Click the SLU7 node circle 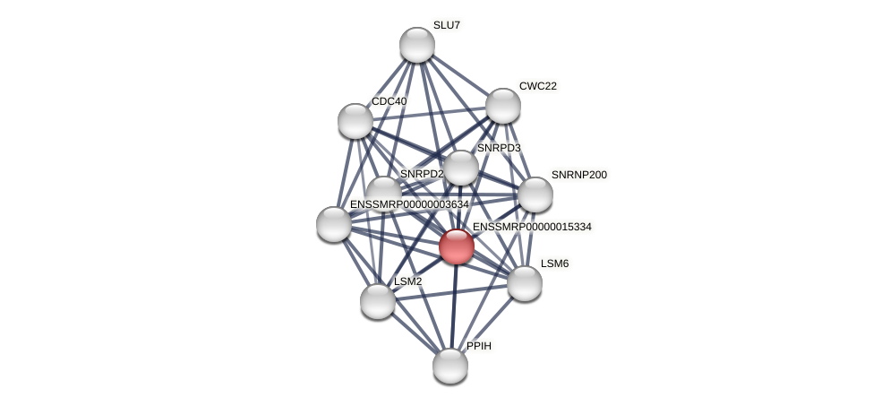[416, 45]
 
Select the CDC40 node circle [355, 121]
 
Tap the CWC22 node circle [503, 106]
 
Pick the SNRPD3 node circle [461, 168]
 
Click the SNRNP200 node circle [535, 194]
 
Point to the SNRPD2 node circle [384, 192]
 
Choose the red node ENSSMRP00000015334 [457, 246]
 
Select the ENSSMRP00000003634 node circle [334, 224]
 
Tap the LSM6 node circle [525, 283]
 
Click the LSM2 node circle [378, 301]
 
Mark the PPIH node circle [450, 366]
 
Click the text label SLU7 [447, 25]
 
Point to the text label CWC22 [538, 86]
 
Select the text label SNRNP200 [578, 175]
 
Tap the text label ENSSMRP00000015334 [532, 227]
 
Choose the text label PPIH [479, 346]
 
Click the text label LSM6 [555, 263]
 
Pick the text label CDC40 [389, 101]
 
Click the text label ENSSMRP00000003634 [409, 204]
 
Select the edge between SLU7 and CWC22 [460, 75]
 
